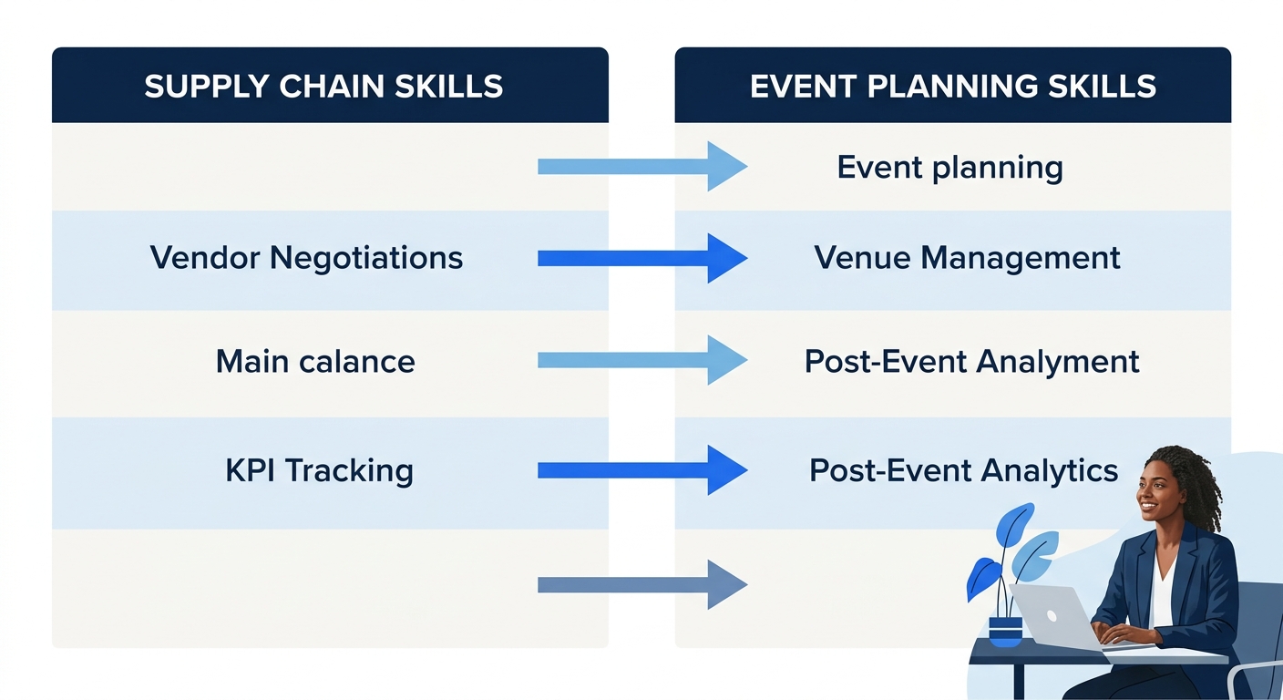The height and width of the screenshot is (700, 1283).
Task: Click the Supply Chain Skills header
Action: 323,86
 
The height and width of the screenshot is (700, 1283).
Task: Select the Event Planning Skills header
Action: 952,86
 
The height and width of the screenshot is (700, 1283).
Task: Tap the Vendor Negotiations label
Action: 306,258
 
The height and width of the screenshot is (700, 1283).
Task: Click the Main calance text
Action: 315,362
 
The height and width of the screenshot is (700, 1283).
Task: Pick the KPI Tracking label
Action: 319,471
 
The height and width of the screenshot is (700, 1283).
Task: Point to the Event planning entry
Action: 949,168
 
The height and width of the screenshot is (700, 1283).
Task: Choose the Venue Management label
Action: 967,258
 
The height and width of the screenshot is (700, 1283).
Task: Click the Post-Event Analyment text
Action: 971,362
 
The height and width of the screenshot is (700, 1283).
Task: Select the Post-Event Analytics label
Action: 963,471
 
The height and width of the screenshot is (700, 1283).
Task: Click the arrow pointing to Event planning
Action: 641,167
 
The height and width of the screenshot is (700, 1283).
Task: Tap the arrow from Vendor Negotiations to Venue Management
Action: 641,259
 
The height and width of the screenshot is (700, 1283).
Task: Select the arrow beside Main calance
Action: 641,361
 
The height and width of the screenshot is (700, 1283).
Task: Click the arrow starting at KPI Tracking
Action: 641,470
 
